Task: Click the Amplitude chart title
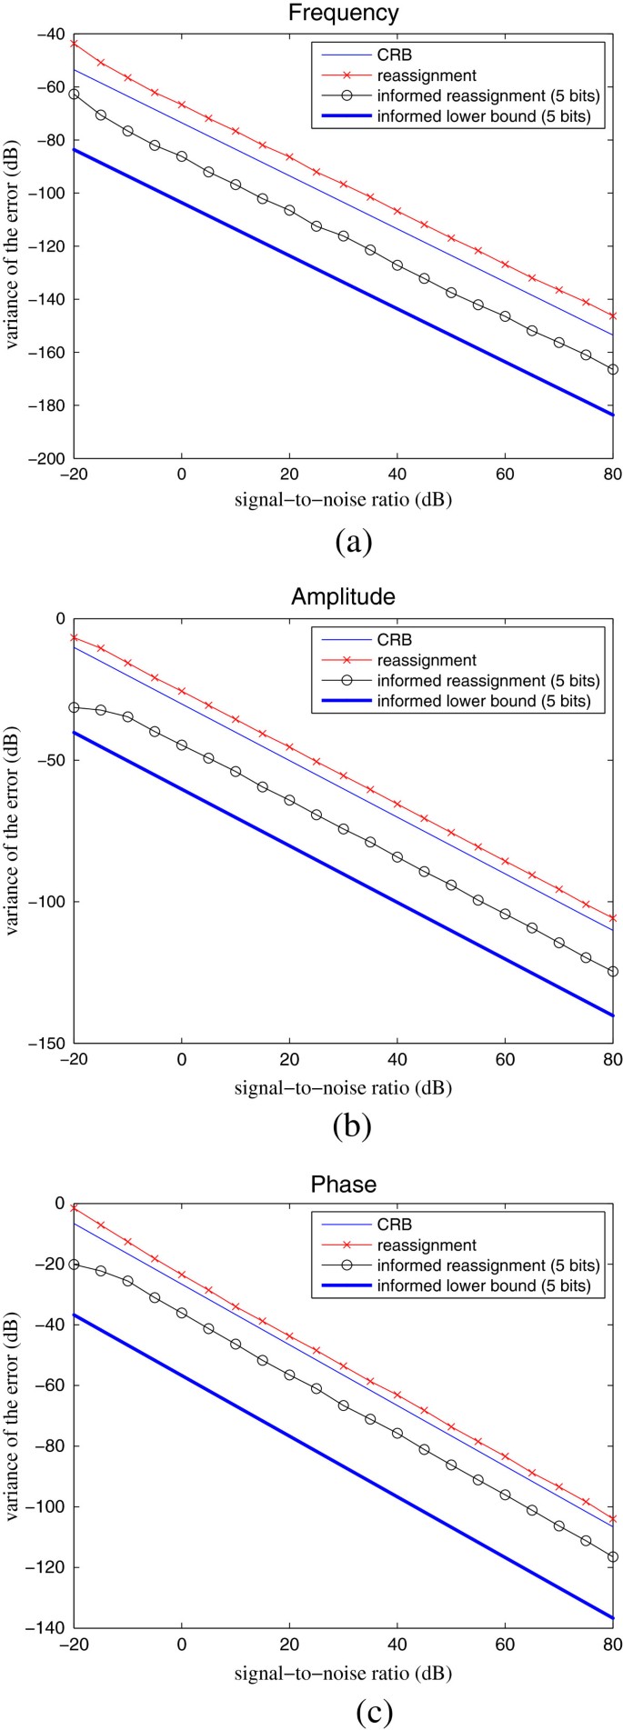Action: (x=343, y=596)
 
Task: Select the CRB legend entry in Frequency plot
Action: (x=395, y=55)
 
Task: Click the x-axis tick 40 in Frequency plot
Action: (x=397, y=475)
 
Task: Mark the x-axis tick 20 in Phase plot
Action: (x=290, y=1645)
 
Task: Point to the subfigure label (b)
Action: (x=351, y=1127)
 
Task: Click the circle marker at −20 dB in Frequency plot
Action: (x=74, y=94)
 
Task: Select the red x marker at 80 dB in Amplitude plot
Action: (x=612, y=918)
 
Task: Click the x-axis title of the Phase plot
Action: (x=343, y=1672)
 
